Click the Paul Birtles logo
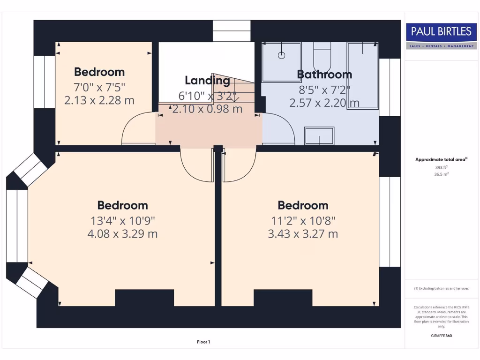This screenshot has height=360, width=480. [441, 36]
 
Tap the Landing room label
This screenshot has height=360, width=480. [207, 80]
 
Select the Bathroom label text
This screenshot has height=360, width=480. [324, 74]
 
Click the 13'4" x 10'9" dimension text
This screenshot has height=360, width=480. [122, 220]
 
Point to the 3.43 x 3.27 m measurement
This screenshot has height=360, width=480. [303, 233]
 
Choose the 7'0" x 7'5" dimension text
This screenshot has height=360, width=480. [99, 87]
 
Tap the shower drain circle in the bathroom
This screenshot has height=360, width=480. [281, 55]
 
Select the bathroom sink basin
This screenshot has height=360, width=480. [319, 135]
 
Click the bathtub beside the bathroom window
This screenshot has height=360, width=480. [362, 75]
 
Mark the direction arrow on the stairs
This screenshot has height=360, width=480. [233, 97]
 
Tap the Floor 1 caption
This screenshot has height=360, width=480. [203, 342]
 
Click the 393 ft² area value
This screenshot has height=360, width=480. [441, 167]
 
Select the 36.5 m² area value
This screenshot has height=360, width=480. [441, 174]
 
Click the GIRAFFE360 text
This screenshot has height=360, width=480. [441, 336]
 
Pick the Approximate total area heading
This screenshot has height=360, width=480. [441, 159]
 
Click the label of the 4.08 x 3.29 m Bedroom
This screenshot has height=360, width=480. [122, 205]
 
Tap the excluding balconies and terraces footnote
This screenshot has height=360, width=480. [441, 288]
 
